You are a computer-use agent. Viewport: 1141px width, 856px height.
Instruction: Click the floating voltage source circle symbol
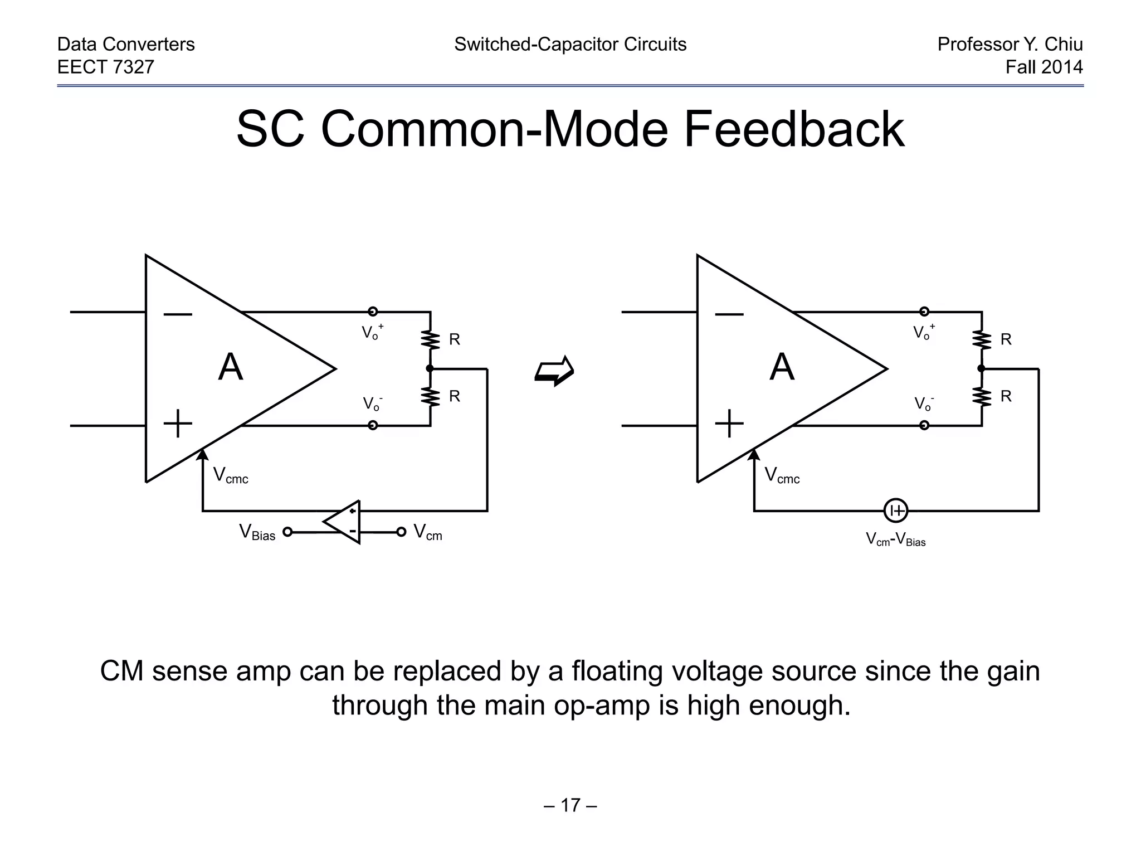895,510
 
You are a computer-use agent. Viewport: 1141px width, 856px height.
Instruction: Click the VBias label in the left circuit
257,532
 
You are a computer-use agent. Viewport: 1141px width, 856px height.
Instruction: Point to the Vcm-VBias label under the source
895,539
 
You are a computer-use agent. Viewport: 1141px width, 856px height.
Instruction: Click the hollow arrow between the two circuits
554,370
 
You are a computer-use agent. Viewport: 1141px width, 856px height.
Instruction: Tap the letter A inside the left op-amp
231,368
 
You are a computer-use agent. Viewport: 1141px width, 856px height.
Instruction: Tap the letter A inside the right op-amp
782,368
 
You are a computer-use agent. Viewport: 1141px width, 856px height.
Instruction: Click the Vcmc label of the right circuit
782,475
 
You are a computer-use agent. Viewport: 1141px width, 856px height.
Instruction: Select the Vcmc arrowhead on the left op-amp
203,455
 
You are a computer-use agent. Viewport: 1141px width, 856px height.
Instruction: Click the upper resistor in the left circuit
430,339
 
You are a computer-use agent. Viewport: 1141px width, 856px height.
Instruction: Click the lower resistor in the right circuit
981,397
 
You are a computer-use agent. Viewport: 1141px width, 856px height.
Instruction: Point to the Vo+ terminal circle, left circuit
373,312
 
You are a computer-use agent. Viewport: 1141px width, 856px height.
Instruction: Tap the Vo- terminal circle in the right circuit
924,425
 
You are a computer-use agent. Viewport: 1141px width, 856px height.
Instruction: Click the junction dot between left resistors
430,368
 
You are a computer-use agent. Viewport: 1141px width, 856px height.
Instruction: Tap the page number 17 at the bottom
570,805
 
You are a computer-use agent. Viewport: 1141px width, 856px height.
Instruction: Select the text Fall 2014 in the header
1044,67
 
